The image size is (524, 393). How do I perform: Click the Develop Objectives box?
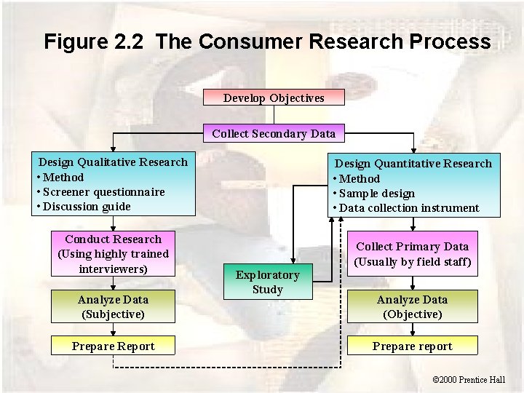point(274,98)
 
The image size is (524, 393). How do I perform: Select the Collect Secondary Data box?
point(274,133)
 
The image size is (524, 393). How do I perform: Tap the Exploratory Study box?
point(267,282)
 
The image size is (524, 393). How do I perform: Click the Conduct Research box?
point(113,254)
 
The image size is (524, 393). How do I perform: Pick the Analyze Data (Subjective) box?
point(113,306)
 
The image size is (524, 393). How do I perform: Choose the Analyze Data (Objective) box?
point(412,306)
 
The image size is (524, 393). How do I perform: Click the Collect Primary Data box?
point(412,254)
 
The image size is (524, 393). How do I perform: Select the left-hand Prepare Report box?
point(113,346)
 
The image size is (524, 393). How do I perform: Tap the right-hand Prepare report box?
point(412,346)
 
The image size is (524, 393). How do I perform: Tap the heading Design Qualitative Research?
point(113,162)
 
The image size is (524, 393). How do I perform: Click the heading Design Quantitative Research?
point(413,164)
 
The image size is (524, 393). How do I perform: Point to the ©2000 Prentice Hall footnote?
point(468,379)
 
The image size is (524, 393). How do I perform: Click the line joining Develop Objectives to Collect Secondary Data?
point(274,115)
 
